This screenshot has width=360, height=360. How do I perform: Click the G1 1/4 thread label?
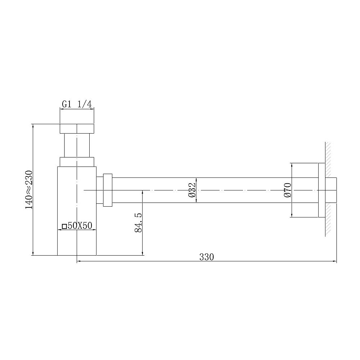coord(77,104)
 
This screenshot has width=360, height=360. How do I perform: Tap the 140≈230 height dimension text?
coord(29,189)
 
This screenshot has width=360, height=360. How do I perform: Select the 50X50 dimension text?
coord(80,226)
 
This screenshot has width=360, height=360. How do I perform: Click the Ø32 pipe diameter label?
coord(192,190)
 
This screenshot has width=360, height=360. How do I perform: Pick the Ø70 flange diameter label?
coord(287,190)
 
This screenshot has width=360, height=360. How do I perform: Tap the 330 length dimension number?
coord(207,257)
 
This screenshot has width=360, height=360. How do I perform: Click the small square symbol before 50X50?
coord(64,226)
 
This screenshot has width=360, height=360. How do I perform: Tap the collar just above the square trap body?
coord(77,162)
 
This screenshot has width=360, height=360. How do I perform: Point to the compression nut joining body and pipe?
coord(108,190)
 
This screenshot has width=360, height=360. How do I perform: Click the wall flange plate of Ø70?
coord(322,190)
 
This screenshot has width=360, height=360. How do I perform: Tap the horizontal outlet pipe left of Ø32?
coord(151,184)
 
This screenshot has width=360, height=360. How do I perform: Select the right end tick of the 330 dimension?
coord(336,261)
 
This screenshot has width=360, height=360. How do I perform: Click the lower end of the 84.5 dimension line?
coord(143,255)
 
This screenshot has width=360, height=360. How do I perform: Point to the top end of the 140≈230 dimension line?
coord(33,125)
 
